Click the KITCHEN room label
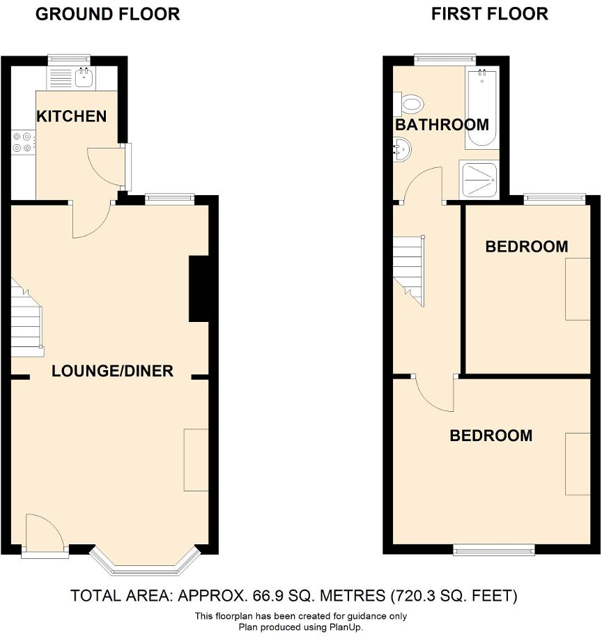72,116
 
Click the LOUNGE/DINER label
112,371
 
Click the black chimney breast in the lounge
199,289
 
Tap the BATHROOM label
442,125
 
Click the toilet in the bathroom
410,105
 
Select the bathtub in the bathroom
481,109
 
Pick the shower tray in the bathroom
479,181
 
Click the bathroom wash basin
401,148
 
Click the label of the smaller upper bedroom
527,247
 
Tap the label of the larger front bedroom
491,436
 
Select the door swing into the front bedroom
434,394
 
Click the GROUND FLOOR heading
107,14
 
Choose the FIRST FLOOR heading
489,14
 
